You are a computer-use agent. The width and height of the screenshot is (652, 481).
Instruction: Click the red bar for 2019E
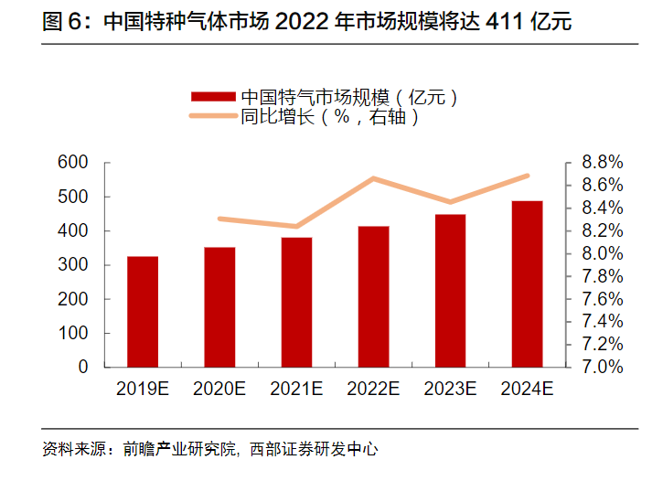tap(143, 311)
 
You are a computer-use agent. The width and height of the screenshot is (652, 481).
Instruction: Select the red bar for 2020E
tap(219, 306)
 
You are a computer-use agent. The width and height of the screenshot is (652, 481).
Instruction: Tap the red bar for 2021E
tap(296, 302)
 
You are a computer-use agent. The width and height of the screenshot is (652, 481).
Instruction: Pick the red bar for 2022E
tap(373, 296)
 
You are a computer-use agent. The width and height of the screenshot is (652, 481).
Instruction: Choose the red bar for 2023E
tap(450, 290)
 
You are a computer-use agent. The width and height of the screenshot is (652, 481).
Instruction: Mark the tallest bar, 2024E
tap(527, 283)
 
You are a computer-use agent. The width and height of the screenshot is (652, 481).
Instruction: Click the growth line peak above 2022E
tap(373, 178)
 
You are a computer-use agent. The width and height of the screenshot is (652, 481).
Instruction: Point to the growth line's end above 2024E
tap(527, 176)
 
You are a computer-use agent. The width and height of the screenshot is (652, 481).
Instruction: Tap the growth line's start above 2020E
tap(220, 219)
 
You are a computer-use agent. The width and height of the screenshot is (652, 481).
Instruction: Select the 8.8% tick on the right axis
tap(602, 163)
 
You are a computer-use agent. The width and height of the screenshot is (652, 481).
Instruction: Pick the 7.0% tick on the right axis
tap(602, 367)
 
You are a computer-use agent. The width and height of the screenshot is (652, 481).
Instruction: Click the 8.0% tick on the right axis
tap(602, 253)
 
